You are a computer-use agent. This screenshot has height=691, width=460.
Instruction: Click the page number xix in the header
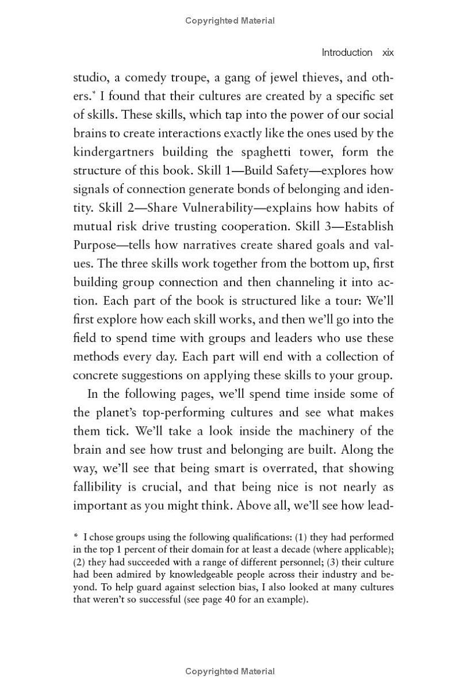[388, 52]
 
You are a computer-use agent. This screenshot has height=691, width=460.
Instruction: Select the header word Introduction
[347, 52]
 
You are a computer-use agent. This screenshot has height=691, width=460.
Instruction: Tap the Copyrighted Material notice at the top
[230, 21]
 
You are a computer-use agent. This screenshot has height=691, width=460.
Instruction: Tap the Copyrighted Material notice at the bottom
[230, 671]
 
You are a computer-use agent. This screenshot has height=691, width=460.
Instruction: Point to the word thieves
[306, 77]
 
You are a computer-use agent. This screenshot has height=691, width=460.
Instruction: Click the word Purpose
[94, 245]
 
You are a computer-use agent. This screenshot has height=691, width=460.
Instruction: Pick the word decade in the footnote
[290, 550]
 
